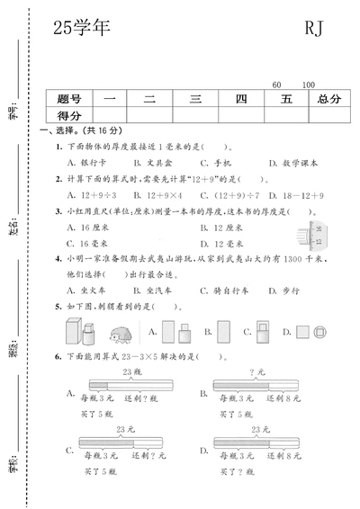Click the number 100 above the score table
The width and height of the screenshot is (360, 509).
(x=309, y=85)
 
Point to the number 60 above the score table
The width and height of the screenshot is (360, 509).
(x=275, y=85)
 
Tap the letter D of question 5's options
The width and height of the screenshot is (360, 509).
(x=298, y=332)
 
